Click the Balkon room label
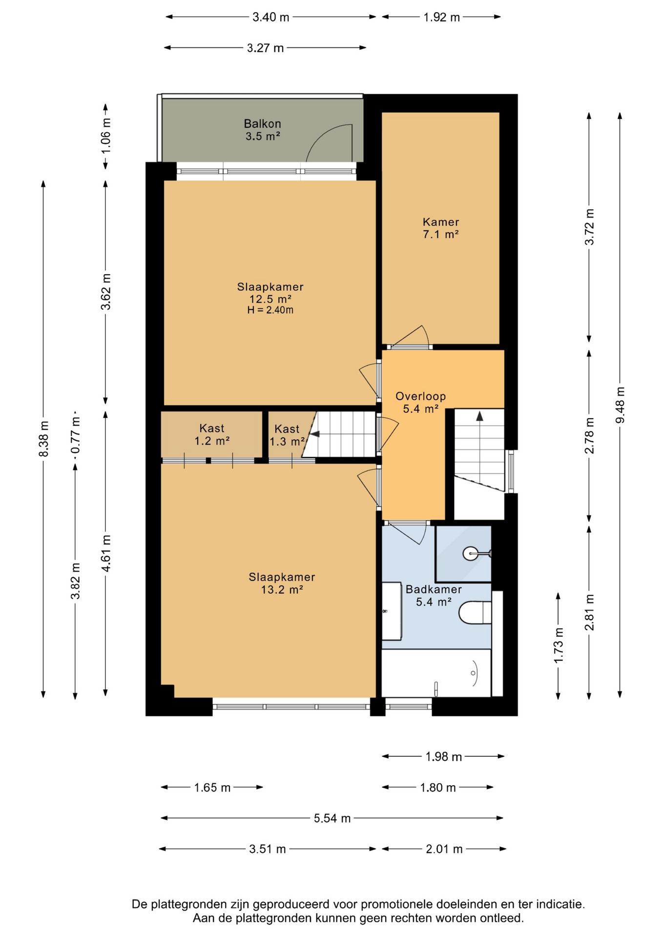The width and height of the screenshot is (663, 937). tap(263, 130)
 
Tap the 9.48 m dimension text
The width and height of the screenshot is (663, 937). tap(620, 405)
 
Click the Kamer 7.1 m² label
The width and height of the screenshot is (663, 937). tap(441, 228)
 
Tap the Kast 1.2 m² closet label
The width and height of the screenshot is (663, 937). tap(212, 434)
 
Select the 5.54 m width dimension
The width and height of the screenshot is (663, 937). tap(332, 818)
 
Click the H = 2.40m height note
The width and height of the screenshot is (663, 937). tap(270, 310)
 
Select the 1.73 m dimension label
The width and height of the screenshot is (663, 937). tap(559, 645)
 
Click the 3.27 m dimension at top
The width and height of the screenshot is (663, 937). tap(265, 48)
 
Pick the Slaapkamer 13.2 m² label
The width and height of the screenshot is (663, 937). tap(282, 583)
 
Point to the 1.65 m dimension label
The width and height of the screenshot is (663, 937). tap(212, 787)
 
